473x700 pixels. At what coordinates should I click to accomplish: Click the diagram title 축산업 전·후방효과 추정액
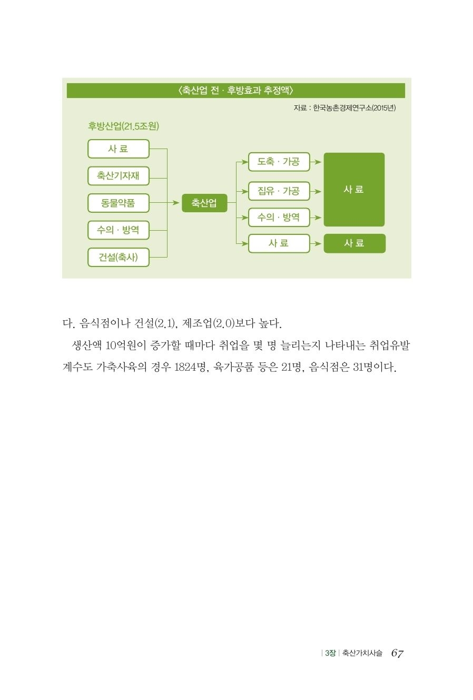coord(236,91)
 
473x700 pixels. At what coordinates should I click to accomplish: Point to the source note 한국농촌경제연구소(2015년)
coord(354,108)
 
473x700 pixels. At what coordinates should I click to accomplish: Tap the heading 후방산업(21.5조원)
coord(123,126)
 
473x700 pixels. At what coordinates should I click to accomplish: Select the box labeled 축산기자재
coord(119,176)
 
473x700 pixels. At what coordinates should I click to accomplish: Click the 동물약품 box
coord(119,203)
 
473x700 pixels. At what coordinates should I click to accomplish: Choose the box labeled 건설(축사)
coord(119,257)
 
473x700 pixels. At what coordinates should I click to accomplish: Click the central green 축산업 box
coord(204,203)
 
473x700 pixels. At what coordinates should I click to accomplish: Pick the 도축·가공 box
coord(279,162)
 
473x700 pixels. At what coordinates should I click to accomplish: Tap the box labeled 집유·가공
coord(279,191)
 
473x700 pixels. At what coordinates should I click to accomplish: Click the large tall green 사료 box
coord(354,190)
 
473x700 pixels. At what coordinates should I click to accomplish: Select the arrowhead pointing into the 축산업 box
coord(176,203)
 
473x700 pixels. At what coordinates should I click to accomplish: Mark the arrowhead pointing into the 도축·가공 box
coord(244,162)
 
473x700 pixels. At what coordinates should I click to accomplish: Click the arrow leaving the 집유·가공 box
coord(316,191)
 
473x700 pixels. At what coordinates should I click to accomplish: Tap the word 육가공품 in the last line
coord(233,367)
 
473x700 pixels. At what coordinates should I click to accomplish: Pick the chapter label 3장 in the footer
coord(330,653)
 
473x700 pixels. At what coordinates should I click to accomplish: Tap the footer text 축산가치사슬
coord(362,653)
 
